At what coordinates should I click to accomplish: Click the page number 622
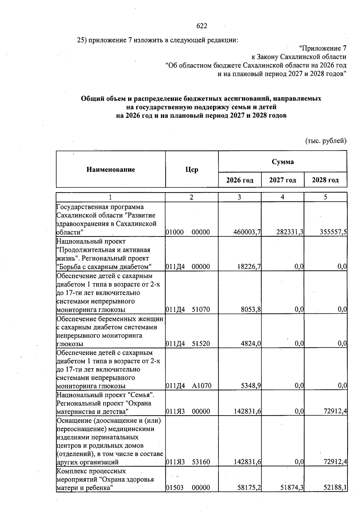(x=202, y=26)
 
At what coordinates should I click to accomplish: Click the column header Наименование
(x=111, y=170)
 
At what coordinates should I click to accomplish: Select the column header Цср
(x=192, y=170)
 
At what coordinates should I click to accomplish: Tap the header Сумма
(x=283, y=162)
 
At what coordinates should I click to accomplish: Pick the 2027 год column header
(x=283, y=180)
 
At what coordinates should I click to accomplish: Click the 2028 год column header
(x=325, y=180)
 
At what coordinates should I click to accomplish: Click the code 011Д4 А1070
(x=188, y=386)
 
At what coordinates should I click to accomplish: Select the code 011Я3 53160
(x=188, y=462)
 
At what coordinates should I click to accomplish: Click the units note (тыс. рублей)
(x=326, y=141)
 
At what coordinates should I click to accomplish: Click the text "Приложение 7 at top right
(x=323, y=48)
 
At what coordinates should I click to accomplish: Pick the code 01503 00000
(x=188, y=488)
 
